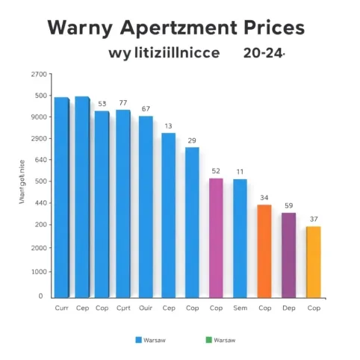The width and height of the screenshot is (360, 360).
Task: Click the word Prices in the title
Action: tap(264, 28)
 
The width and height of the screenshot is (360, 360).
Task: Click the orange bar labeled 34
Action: tap(264, 251)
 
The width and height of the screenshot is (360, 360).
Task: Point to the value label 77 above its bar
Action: tap(123, 103)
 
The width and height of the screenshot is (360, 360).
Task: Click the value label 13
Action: tap(168, 125)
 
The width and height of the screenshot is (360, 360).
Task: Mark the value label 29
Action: tap(192, 140)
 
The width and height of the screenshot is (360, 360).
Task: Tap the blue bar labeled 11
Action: tap(240, 238)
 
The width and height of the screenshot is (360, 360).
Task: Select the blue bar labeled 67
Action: tap(146, 206)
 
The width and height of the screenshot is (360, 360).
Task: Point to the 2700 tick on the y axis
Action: tap(38, 75)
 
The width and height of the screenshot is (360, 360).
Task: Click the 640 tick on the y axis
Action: tap(40, 160)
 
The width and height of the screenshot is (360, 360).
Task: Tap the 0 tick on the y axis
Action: tap(41, 296)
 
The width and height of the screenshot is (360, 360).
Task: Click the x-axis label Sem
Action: tap(240, 308)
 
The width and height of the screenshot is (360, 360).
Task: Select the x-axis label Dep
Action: tap(288, 308)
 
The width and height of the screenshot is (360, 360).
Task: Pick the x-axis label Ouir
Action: tap(146, 308)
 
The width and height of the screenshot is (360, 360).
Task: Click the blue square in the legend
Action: tap(138, 340)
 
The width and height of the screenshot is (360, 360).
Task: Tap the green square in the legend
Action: tap(208, 340)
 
